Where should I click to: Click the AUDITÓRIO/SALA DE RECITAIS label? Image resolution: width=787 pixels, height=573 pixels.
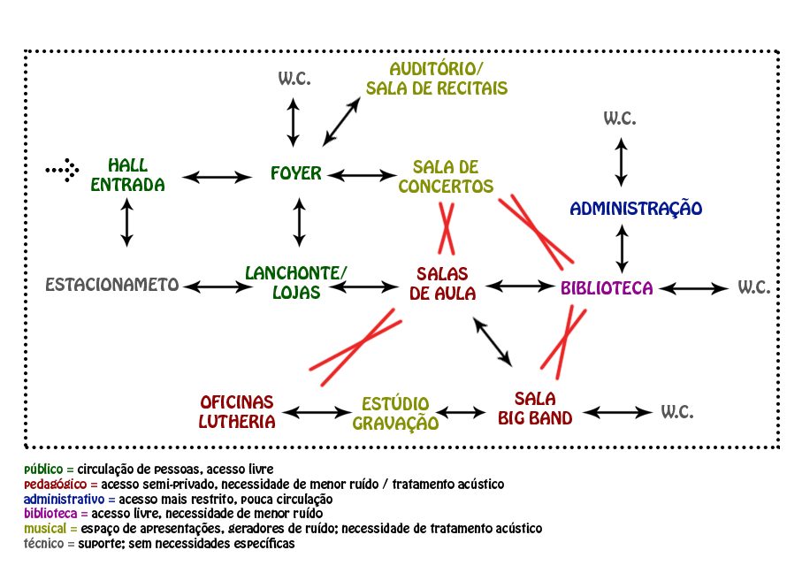[x=437, y=79]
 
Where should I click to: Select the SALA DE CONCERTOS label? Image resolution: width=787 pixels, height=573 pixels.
[x=446, y=177]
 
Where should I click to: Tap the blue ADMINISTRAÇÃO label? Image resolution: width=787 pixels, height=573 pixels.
[x=636, y=209]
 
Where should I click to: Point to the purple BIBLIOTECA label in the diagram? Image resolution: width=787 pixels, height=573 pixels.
[x=607, y=288]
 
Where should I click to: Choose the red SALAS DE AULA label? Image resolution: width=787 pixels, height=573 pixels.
[x=442, y=284]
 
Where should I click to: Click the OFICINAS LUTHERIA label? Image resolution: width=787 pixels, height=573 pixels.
[x=237, y=412]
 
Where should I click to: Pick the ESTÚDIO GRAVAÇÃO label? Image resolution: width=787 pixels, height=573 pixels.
[x=395, y=414]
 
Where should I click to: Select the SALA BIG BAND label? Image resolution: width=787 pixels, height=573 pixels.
[x=535, y=409]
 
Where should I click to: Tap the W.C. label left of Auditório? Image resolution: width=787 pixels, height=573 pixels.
[x=294, y=79]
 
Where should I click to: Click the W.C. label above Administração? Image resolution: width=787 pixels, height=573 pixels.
[x=620, y=118]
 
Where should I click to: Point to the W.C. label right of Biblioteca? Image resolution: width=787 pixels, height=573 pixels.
[x=754, y=287]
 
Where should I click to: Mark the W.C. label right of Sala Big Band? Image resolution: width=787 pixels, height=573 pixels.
[x=677, y=412]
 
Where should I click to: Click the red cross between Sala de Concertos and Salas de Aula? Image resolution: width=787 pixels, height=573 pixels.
[x=447, y=228]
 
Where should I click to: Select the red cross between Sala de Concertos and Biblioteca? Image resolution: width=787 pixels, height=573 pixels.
[x=537, y=231]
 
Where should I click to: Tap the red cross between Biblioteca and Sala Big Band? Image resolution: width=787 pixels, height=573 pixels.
[x=564, y=337]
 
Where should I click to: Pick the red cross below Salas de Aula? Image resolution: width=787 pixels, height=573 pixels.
[x=355, y=347]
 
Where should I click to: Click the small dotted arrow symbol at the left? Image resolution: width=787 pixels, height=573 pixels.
[x=63, y=169]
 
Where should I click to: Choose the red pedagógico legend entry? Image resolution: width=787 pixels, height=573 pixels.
[x=60, y=485]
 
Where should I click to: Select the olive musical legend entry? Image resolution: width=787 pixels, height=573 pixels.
[x=50, y=529]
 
